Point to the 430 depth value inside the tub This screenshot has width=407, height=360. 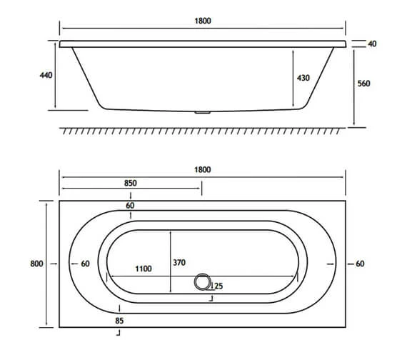(303, 78)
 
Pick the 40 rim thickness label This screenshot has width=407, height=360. (371, 44)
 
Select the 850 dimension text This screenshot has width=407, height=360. (131, 183)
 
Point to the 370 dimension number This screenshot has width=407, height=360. (179, 263)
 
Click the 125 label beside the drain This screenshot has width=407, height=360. (217, 286)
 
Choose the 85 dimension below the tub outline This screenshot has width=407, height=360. (119, 321)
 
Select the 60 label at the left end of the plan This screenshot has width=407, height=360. (84, 264)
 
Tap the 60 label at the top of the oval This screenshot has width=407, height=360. (130, 206)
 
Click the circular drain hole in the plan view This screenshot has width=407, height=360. (203, 283)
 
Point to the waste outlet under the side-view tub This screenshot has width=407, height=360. (203, 112)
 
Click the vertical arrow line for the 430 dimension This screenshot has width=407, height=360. (293, 78)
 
